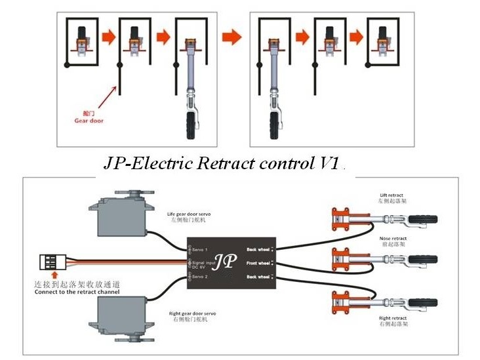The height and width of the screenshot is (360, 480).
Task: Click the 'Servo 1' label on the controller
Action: [201, 249]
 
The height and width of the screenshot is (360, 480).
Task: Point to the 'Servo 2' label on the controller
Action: [201, 277]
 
